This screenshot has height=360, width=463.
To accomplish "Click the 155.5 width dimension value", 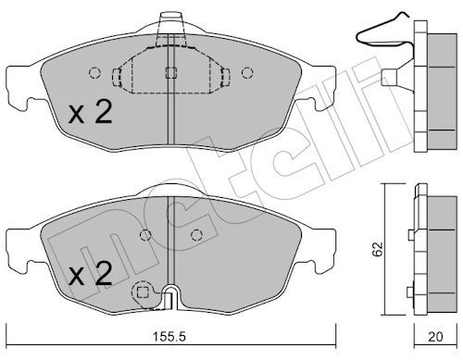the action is tap(169, 337).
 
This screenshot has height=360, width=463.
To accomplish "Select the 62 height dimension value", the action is tap(377, 249).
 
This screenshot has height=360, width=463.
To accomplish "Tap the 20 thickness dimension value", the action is tap(435, 337).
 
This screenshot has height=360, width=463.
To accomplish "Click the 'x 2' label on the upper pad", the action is tap(90, 113).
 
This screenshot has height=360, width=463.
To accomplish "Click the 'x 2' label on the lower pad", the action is tap(90, 273).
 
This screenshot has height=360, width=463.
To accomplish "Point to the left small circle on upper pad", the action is tap(94, 73).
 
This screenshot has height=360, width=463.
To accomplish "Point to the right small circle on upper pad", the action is tap(247, 73).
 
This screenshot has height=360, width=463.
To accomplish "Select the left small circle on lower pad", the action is tap(145, 235).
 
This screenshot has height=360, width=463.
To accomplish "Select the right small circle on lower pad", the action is tap(196, 235).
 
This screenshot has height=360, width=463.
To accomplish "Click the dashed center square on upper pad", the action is tap(170, 73).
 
